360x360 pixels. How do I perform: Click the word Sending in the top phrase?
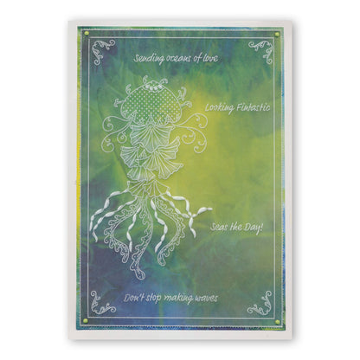[150, 59]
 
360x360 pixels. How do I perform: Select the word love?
[209, 59]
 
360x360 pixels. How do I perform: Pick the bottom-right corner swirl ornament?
[260, 302]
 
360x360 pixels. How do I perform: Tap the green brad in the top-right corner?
[277, 33]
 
